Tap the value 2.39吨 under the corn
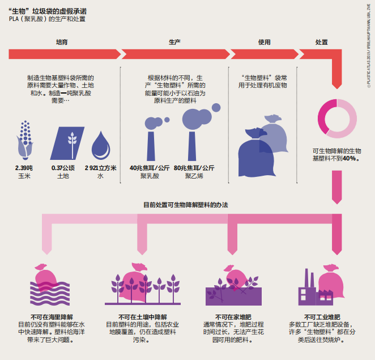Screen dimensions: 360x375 tap(24, 168)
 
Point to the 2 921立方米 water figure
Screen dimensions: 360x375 tap(100, 168)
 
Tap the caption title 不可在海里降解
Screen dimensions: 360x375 tap(51, 316)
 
